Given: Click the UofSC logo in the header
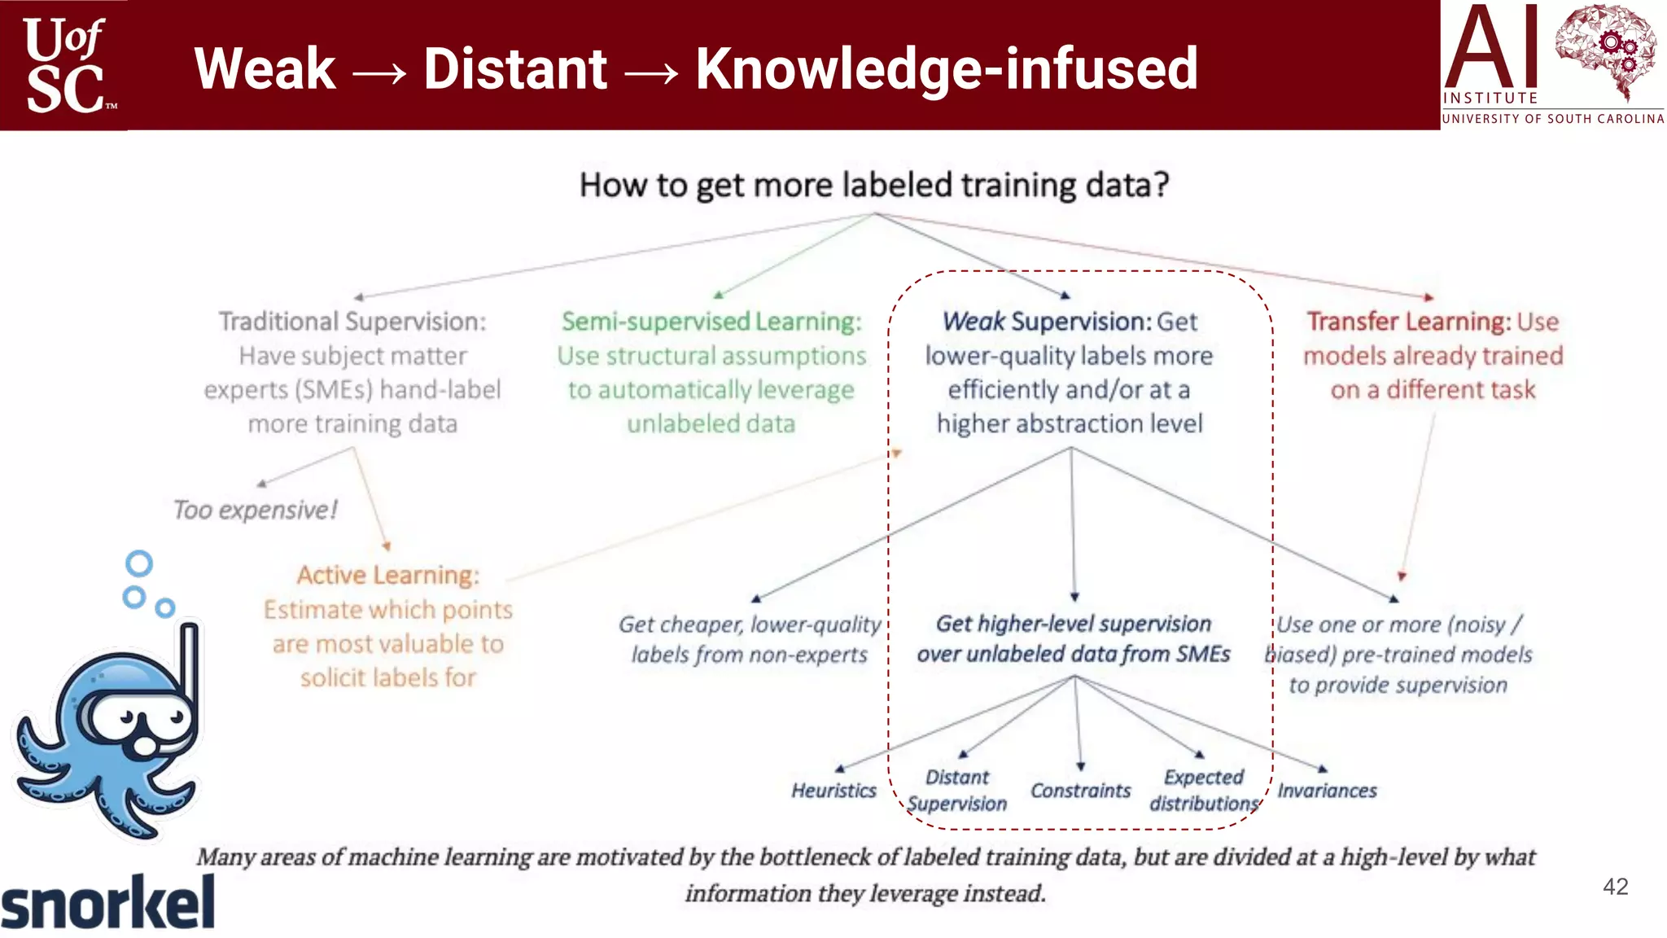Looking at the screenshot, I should click(65, 65).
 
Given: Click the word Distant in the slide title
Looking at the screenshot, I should click(514, 68).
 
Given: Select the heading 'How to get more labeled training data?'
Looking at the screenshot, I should click(874, 185).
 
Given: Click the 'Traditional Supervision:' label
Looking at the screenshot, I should click(352, 322).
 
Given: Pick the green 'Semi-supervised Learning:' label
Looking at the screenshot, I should click(711, 322).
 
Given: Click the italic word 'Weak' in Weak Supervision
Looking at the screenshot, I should click(974, 322).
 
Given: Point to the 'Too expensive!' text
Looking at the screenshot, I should click(255, 511).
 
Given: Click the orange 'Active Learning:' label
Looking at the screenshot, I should click(387, 576).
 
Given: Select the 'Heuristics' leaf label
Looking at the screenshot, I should click(833, 791).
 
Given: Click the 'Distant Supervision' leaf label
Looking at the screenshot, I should click(957, 791).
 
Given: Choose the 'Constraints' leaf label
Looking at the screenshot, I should click(1080, 791).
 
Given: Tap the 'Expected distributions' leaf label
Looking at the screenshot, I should click(1204, 791).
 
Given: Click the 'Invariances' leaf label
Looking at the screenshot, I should click(1327, 791).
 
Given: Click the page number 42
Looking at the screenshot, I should click(1615, 887).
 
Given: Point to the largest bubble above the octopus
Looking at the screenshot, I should click(139, 563).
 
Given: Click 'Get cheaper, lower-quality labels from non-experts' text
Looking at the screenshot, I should click(749, 639).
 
